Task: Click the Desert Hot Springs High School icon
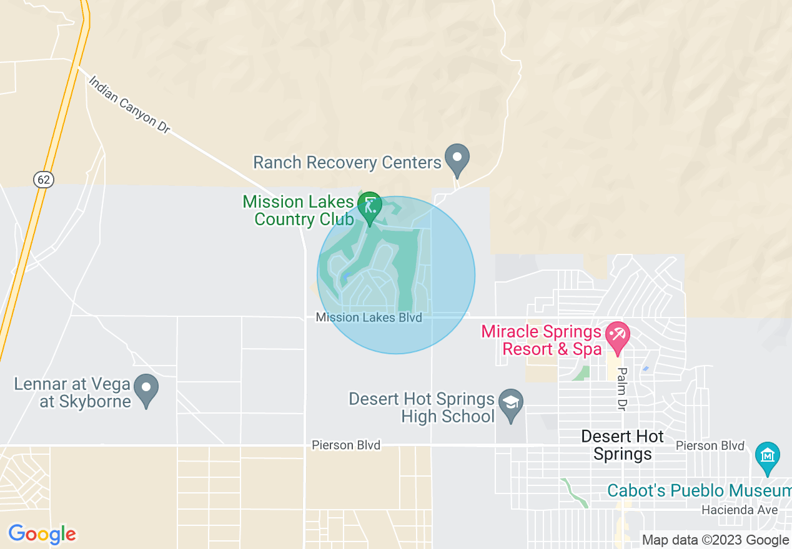pos(511,404)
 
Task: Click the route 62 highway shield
pos(43,180)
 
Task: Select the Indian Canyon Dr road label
pos(129,104)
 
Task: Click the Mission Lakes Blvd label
pos(369,318)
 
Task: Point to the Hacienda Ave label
pos(740,510)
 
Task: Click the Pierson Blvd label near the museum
pos(710,445)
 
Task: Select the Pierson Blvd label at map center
pos(346,445)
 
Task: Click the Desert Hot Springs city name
pos(622,445)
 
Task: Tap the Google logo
pos(42,534)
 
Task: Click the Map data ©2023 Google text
pos(715,540)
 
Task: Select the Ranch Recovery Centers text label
pos(347,163)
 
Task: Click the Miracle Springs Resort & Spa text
pos(541,340)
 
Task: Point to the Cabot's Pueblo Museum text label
pos(699,490)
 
